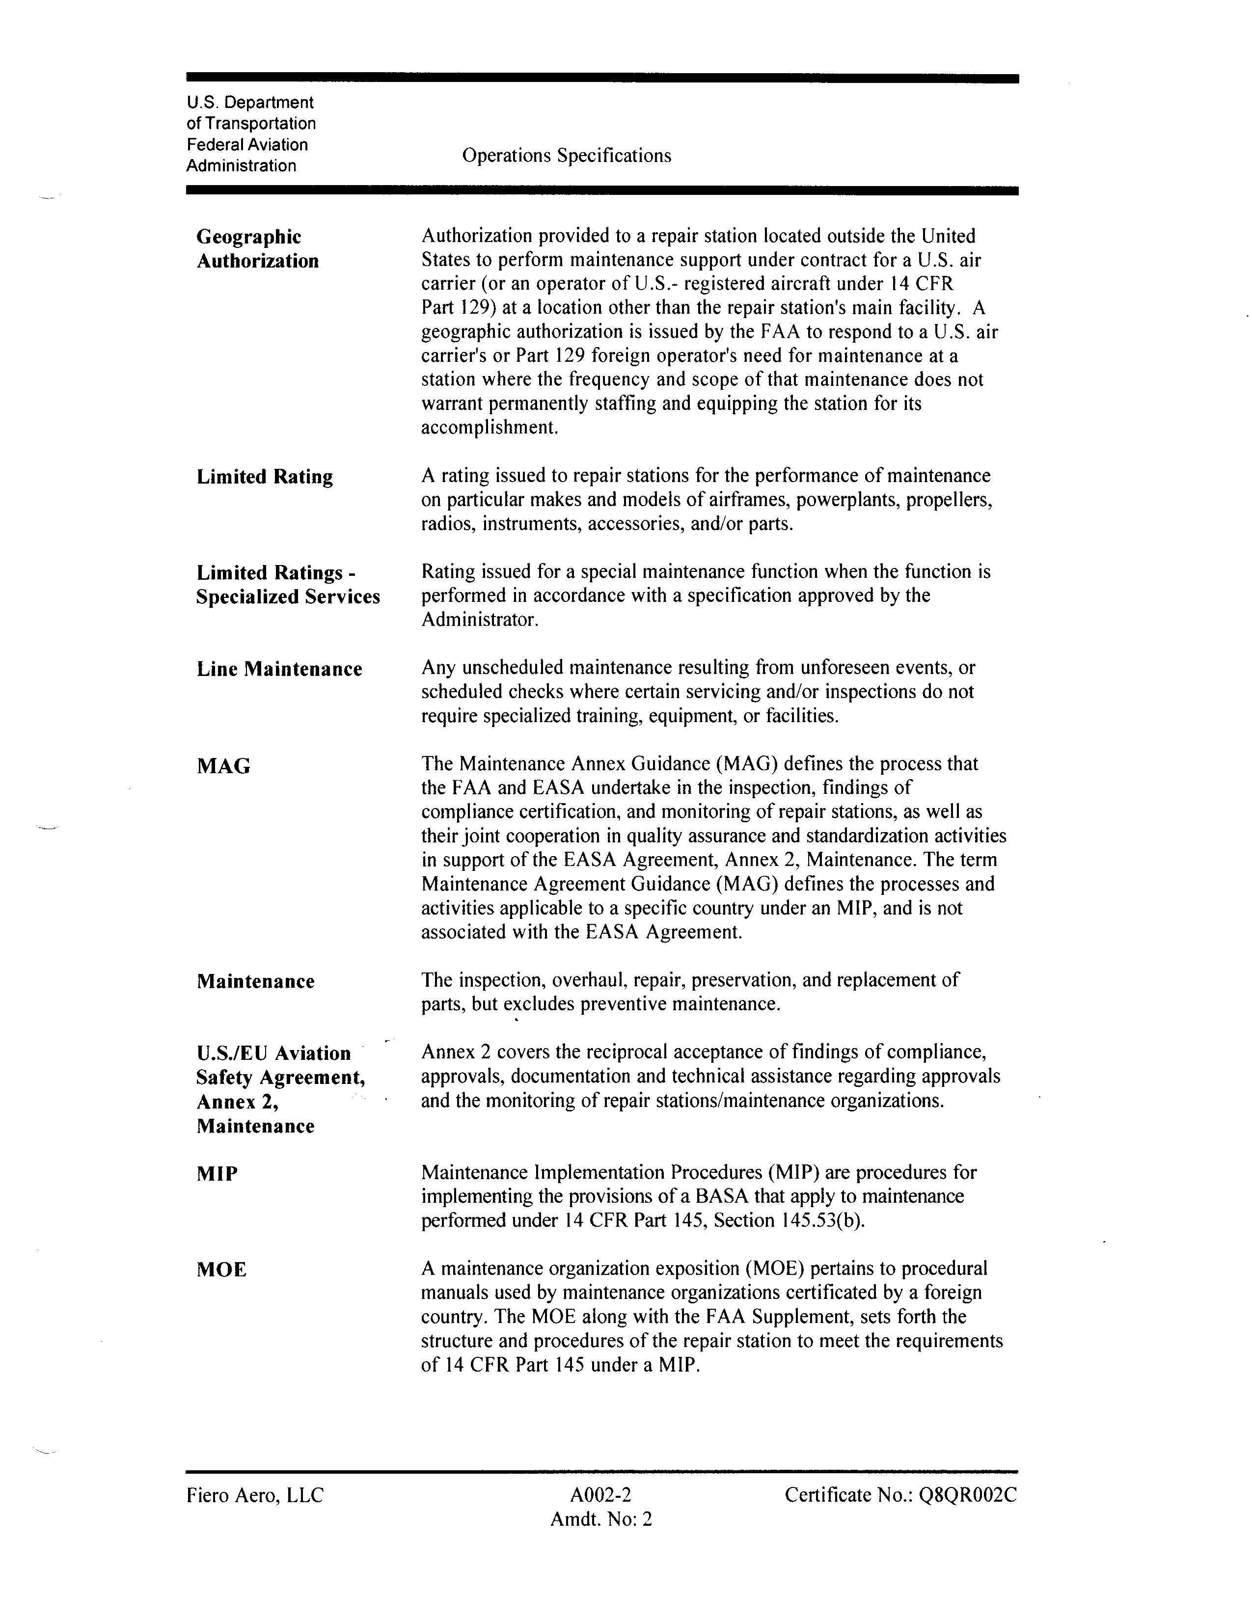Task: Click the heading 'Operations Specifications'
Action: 566,156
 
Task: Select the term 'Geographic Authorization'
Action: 257,248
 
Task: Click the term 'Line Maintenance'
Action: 279,669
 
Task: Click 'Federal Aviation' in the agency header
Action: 247,145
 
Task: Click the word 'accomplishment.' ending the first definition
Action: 489,428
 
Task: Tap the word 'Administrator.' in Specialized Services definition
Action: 479,620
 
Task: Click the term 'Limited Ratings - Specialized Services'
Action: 288,585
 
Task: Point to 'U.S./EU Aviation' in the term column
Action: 273,1053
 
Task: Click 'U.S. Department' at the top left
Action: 250,103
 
